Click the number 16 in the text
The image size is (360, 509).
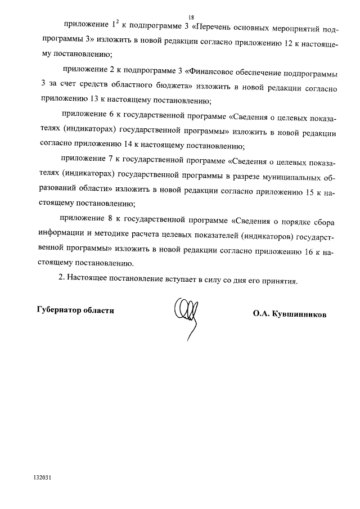[307, 252]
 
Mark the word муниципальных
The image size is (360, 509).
[287, 178]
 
